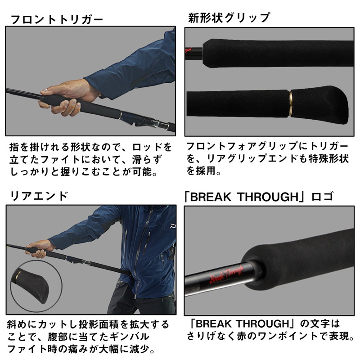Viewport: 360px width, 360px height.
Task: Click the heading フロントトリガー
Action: pyautogui.click(x=57, y=19)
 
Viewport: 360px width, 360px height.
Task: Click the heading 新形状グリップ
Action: pyautogui.click(x=229, y=18)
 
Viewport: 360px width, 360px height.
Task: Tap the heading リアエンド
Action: pyautogui.click(x=39, y=196)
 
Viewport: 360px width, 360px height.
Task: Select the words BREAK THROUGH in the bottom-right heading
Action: pyautogui.click(x=244, y=197)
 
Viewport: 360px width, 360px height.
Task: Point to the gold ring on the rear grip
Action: pyautogui.click(x=290, y=103)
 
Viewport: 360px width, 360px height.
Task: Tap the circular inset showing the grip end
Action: pyautogui.click(x=36, y=286)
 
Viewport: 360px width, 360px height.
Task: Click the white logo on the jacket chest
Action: pyautogui.click(x=172, y=226)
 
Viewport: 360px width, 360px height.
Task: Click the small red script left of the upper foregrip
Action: pyautogui.click(x=188, y=49)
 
